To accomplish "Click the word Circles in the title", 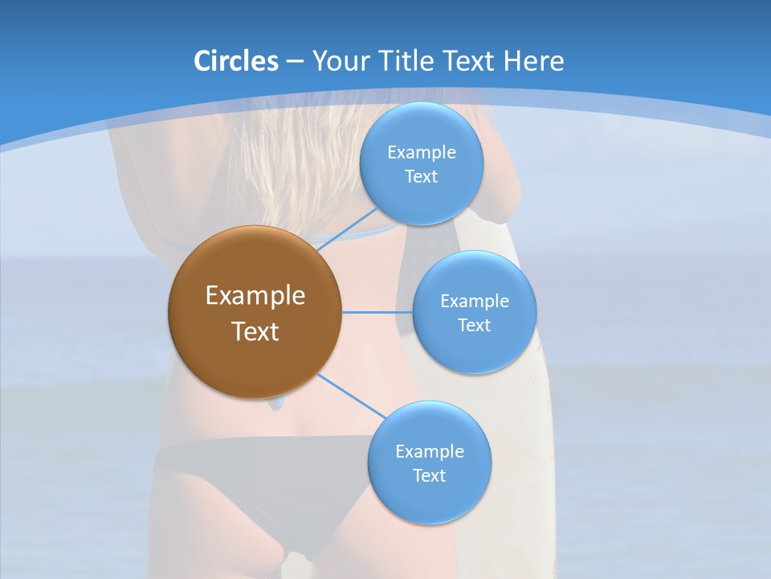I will [x=236, y=61].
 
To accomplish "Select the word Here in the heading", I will [x=533, y=61].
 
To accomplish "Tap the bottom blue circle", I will [x=429, y=499].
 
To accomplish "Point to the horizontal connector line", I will [x=377, y=312].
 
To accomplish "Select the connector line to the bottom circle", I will [x=351, y=396].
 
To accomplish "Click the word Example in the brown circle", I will [x=255, y=296].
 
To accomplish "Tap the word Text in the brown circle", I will [x=255, y=331].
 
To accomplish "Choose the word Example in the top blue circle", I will [x=422, y=153].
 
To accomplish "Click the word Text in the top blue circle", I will [x=422, y=177].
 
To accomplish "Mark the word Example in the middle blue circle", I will [x=475, y=302].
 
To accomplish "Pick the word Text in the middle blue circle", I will [x=475, y=326].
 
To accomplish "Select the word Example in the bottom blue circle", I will [x=430, y=452].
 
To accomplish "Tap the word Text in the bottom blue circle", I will [x=430, y=476].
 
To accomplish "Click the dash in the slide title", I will [x=295, y=62].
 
